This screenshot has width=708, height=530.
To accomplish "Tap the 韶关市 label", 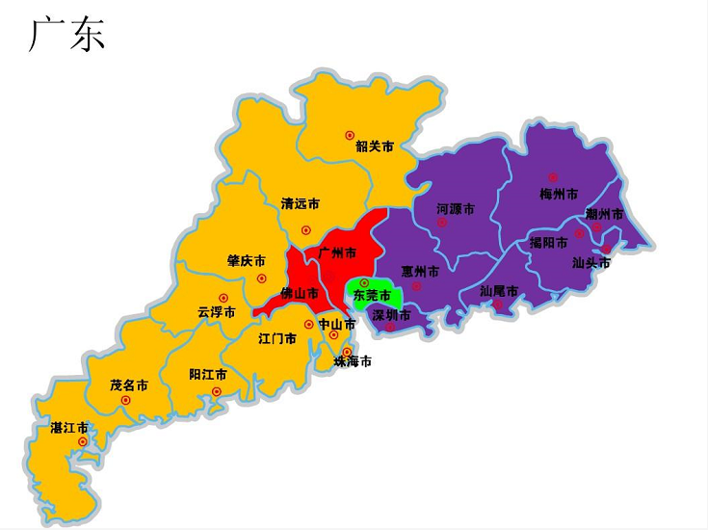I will [375, 147].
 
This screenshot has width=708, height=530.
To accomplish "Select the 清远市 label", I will [301, 204].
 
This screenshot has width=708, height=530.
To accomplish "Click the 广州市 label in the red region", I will [337, 252].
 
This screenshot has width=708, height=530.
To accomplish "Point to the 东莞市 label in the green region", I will [373, 295].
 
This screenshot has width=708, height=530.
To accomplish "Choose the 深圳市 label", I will [391, 315].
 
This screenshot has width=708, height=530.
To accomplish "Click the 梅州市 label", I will [559, 194].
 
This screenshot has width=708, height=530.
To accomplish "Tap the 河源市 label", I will [456, 208].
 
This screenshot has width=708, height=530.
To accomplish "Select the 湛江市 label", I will [69, 427].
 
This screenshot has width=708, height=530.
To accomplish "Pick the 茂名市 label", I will [129, 384].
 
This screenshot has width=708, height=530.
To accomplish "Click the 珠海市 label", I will [353, 362].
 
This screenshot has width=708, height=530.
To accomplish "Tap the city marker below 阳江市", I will [216, 391].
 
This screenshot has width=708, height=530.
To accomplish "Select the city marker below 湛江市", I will [83, 442].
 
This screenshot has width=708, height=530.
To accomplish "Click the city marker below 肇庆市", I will [261, 278].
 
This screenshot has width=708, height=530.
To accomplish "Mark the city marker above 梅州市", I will [553, 176].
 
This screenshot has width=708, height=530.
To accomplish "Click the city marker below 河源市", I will [442, 223].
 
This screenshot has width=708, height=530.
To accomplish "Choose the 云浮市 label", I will [216, 312].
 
